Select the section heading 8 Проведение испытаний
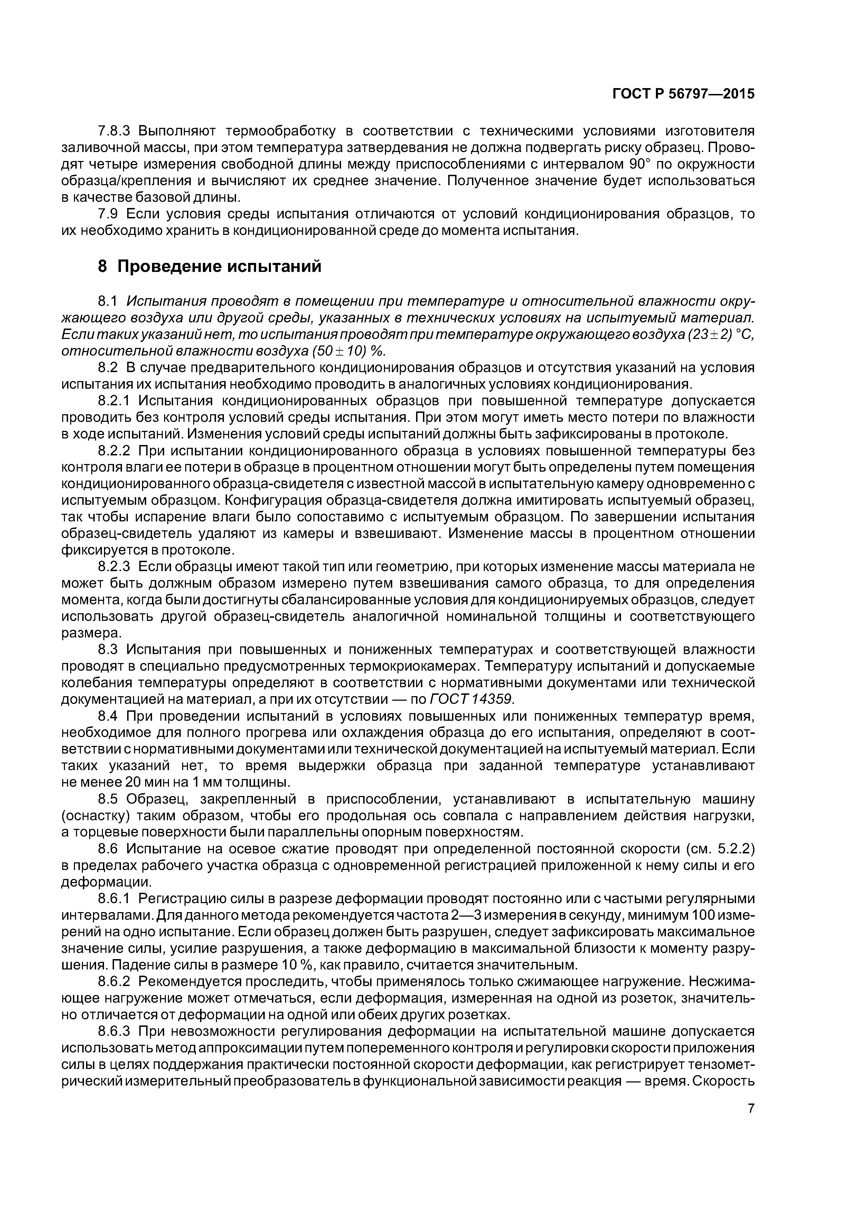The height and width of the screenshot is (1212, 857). (x=210, y=267)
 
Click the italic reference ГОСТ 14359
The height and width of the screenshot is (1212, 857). (x=472, y=699)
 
